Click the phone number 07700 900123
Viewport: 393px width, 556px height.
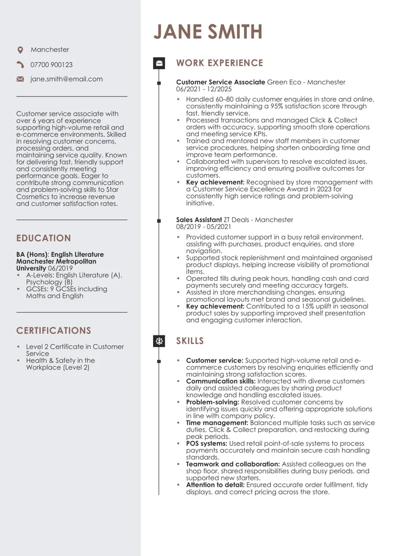pos(52,65)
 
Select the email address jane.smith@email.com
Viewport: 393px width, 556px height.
pos(67,79)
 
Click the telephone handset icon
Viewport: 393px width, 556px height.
pos(20,65)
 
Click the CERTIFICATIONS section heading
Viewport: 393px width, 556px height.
pos(54,330)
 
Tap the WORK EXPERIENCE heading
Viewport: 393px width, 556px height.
pos(219,63)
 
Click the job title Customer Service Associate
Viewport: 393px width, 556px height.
pos(220,82)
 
